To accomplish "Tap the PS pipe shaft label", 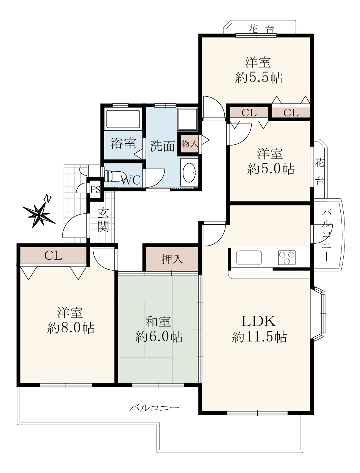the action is tap(95, 190).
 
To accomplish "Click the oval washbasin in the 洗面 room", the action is tap(189, 172).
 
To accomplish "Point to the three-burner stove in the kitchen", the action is tap(286, 258).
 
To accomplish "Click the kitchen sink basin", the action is tap(249, 258).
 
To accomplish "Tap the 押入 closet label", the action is tap(172, 259).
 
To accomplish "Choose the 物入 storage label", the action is tap(189, 144).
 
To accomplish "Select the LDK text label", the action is tap(258, 321).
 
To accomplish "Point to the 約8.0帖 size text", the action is tap(70, 328).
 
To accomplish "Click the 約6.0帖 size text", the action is tap(159, 337).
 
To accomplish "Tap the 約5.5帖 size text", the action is tap(258, 78).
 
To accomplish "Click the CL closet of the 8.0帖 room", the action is tap(53, 255).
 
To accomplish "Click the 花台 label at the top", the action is tap(261, 29).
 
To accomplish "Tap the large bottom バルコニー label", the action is tap(154, 408).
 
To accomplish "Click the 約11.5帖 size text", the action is tap(259, 337).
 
